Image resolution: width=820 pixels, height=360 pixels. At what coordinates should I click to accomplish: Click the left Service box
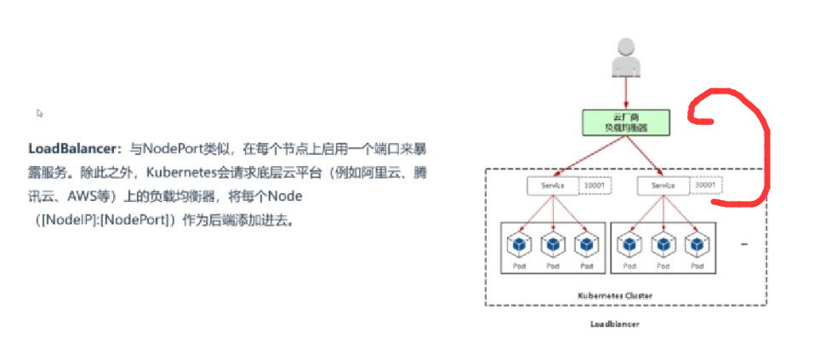[551, 186]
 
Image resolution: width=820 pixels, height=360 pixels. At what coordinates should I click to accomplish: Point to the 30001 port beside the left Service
[594, 186]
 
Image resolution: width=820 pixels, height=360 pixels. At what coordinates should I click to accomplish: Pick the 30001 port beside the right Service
[705, 186]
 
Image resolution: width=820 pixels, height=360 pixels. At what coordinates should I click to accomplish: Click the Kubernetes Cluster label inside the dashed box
[615, 295]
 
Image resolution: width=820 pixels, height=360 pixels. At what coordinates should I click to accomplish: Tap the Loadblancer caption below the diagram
[614, 324]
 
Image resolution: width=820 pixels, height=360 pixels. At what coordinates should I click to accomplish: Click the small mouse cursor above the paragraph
[40, 113]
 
